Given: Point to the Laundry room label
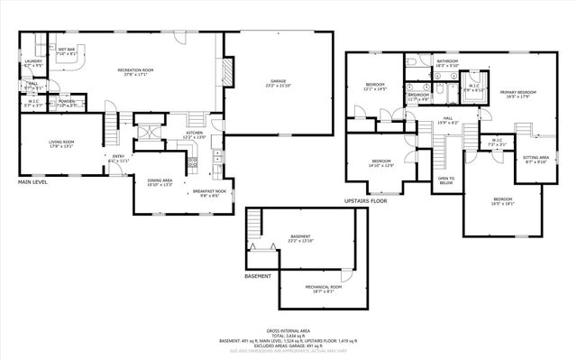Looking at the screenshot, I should pos(32,63).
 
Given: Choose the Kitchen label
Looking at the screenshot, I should pos(195,134).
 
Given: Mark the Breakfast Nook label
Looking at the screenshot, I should pos(202,193).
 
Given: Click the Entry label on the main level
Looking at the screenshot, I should pos(118,159).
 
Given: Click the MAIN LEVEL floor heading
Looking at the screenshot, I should pos(32,182).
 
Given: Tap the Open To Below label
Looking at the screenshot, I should pos(446,180).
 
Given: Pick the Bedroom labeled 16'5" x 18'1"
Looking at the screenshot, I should pos(502,201).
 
